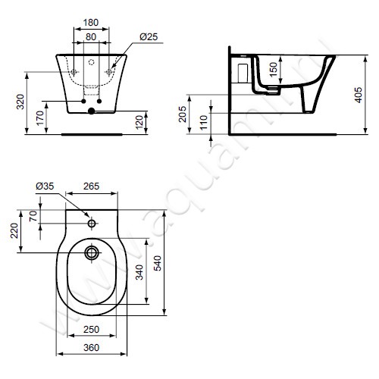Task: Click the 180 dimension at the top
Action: [x=91, y=23]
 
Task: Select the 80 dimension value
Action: [x=91, y=36]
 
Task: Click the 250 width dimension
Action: [x=91, y=328]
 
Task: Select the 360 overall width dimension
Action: [x=91, y=347]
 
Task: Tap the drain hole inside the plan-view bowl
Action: [x=92, y=251]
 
